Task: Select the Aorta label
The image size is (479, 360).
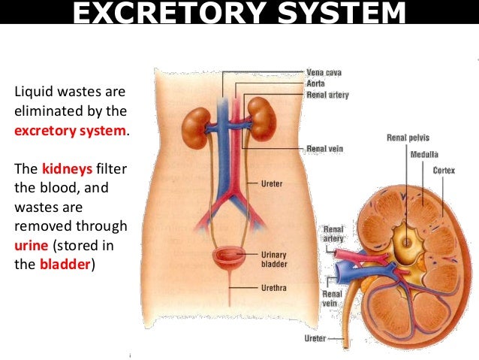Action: coord(316,83)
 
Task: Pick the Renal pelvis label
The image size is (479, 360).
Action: coord(407,138)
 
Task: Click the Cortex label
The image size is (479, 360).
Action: coord(444,171)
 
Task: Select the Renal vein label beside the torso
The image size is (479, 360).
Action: coord(324,149)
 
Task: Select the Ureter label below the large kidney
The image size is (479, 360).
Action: coord(315,338)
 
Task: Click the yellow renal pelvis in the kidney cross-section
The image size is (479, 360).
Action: coord(407,241)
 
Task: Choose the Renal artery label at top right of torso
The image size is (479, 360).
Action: coord(327,95)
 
